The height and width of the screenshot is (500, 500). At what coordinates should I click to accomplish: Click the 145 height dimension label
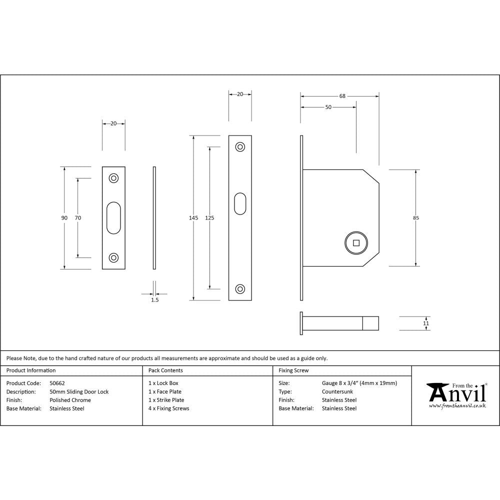193,217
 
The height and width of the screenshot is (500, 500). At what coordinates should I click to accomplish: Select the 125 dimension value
209,217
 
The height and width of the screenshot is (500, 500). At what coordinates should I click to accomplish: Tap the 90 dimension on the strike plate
64,217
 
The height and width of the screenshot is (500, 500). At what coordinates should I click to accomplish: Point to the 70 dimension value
77,217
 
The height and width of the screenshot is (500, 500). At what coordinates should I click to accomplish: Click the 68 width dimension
342,96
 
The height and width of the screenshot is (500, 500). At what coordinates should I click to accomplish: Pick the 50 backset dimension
328,107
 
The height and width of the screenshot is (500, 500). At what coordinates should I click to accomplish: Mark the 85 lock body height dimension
416,217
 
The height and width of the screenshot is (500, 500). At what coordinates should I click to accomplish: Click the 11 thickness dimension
426,323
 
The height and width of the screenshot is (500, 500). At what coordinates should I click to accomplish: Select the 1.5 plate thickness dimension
154,300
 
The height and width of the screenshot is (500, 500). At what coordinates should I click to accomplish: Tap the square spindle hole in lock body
356,243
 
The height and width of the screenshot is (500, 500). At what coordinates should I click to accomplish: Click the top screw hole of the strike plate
114,178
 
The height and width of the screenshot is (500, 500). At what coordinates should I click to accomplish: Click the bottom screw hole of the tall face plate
240,289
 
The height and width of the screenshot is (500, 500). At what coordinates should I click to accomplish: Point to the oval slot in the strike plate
114,217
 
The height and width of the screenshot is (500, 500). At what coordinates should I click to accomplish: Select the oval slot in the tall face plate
240,203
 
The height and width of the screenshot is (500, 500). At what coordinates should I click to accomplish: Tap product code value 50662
57,383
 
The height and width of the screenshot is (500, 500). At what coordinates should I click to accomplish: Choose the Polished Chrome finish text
70,400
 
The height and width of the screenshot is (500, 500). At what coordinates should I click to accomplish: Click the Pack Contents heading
165,370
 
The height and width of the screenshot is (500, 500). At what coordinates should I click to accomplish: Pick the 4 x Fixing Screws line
169,408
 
